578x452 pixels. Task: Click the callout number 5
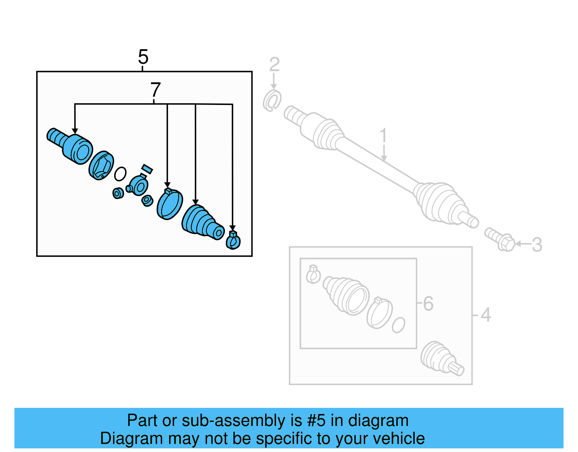(143, 57)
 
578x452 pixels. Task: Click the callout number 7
(155, 90)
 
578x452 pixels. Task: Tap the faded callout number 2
(274, 64)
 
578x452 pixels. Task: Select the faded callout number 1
(383, 136)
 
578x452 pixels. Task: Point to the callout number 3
(537, 245)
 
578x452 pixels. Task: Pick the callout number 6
(428, 303)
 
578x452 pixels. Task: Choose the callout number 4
(486, 314)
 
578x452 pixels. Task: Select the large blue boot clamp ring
(169, 204)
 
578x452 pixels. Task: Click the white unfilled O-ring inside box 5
(120, 174)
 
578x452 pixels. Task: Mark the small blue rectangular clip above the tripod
(147, 169)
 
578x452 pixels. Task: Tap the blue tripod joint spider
(138, 186)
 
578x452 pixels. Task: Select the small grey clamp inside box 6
(313, 275)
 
